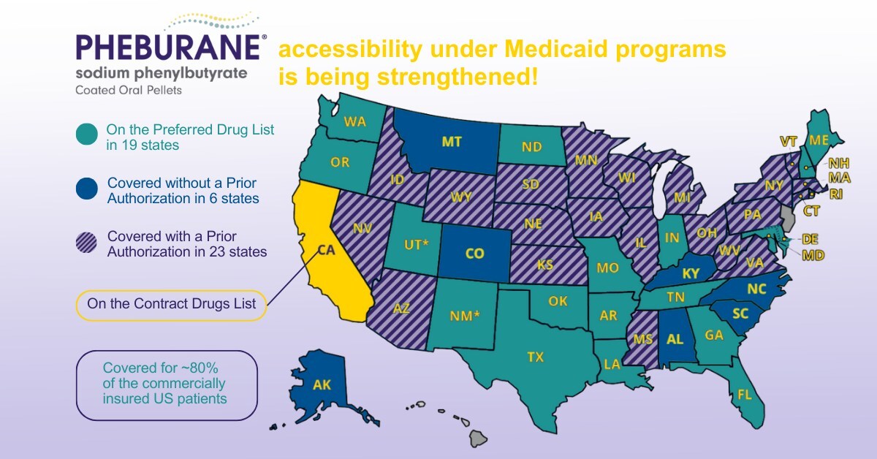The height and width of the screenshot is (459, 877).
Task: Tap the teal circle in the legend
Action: click(87, 136)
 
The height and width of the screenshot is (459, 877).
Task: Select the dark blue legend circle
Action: click(87, 189)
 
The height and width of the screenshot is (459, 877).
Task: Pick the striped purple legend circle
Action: click(87, 243)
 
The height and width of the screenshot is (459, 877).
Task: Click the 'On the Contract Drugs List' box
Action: click(171, 304)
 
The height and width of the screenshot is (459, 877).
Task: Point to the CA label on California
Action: click(327, 251)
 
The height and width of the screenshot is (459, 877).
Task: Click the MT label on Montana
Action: click(452, 142)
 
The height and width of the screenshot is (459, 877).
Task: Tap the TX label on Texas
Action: click(536, 357)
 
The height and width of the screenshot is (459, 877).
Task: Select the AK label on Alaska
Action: click(322, 385)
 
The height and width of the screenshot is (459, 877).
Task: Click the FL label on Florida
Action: click(745, 395)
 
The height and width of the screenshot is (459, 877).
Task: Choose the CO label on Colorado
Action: click(474, 254)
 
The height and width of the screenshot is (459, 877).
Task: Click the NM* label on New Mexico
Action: click(464, 316)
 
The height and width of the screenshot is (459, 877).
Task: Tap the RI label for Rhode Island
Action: click(836, 194)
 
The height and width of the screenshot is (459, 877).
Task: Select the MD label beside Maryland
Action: click(812, 255)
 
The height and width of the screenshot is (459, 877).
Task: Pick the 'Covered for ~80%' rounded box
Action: click(167, 384)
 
